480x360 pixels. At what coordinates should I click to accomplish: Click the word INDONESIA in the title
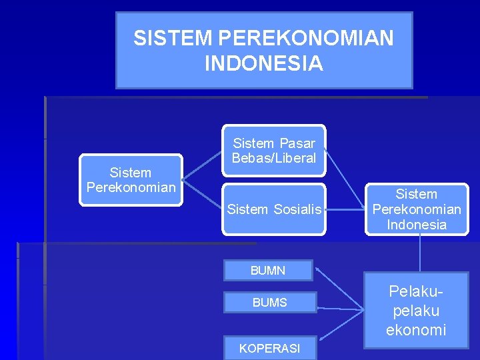coord(264,63)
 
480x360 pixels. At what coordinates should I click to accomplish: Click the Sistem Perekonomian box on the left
coord(131,180)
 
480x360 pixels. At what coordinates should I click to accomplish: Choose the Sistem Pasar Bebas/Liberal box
coord(274,151)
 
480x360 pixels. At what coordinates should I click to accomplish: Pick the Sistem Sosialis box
coord(274,209)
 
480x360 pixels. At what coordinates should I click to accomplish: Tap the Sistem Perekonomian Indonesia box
coord(417,209)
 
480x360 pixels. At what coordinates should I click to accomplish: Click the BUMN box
coord(268,270)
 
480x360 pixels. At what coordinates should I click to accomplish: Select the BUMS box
coord(269,303)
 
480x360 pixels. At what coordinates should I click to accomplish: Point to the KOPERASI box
coord(269,348)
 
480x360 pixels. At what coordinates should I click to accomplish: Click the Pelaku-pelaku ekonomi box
coord(416,311)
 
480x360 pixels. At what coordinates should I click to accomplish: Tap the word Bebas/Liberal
coord(274,159)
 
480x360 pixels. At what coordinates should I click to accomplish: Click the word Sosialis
coord(297,210)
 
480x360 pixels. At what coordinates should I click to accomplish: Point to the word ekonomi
coord(416,330)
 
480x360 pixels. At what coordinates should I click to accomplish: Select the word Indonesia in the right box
coord(417,225)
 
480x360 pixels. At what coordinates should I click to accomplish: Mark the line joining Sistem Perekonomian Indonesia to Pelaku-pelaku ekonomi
coord(420,253)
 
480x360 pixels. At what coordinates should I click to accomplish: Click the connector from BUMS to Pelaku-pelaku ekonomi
coord(340,308)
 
